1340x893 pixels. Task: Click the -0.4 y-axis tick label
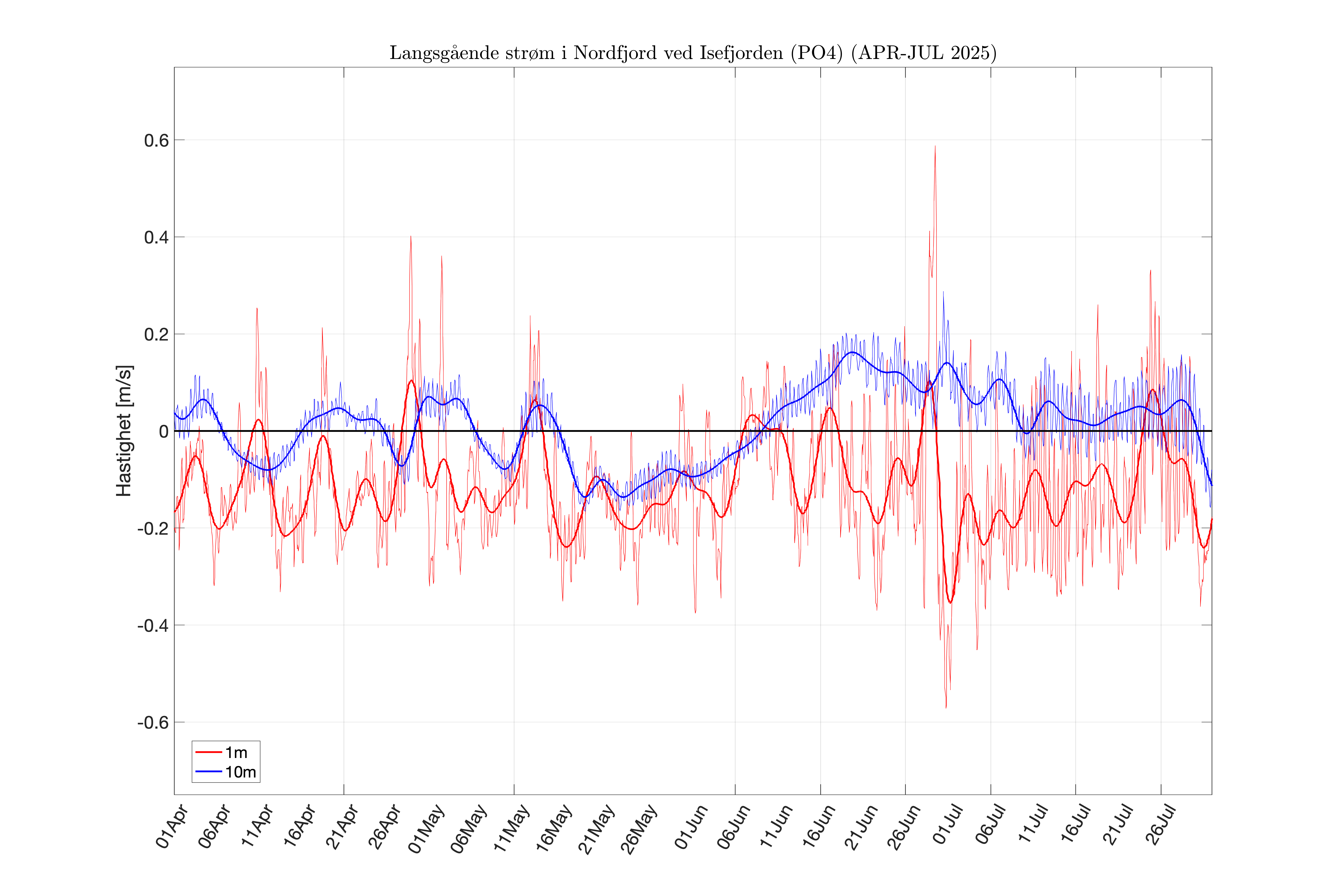pyautogui.click(x=153, y=625)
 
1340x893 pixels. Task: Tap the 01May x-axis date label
pyautogui.click(x=426, y=829)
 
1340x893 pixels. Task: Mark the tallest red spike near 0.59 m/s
pyautogui.click(x=935, y=147)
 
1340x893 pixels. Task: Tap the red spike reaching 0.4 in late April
pyautogui.click(x=411, y=237)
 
